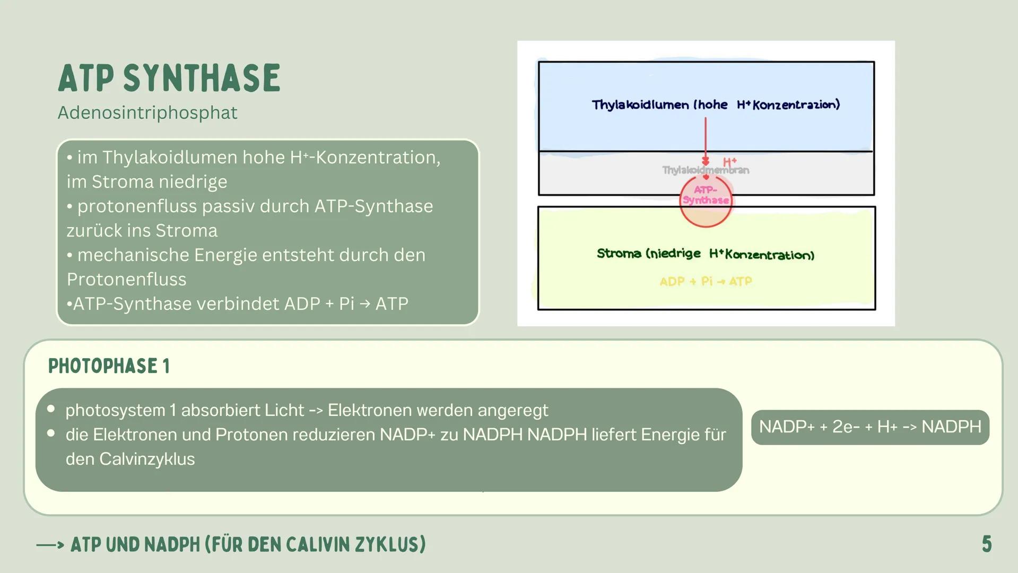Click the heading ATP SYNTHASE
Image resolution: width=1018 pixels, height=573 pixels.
click(x=169, y=78)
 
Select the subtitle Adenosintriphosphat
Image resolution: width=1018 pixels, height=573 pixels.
click(x=147, y=112)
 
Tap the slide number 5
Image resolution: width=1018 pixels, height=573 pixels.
click(x=986, y=544)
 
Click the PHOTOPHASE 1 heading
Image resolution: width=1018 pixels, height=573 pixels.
click(x=109, y=366)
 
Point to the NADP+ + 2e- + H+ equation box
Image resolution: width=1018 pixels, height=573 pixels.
click(x=870, y=427)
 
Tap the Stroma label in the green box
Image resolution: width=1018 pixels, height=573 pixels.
click(x=619, y=254)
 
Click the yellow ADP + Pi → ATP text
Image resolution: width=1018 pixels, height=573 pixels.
click(x=706, y=281)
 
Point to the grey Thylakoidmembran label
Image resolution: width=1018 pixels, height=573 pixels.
click(x=706, y=170)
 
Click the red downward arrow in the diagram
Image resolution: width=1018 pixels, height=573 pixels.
click(x=706, y=141)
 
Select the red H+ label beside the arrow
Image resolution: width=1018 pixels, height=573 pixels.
click(x=730, y=162)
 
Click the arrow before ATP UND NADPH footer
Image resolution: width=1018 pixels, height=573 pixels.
click(x=50, y=545)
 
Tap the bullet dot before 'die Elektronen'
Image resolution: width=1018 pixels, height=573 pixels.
click(x=51, y=433)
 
